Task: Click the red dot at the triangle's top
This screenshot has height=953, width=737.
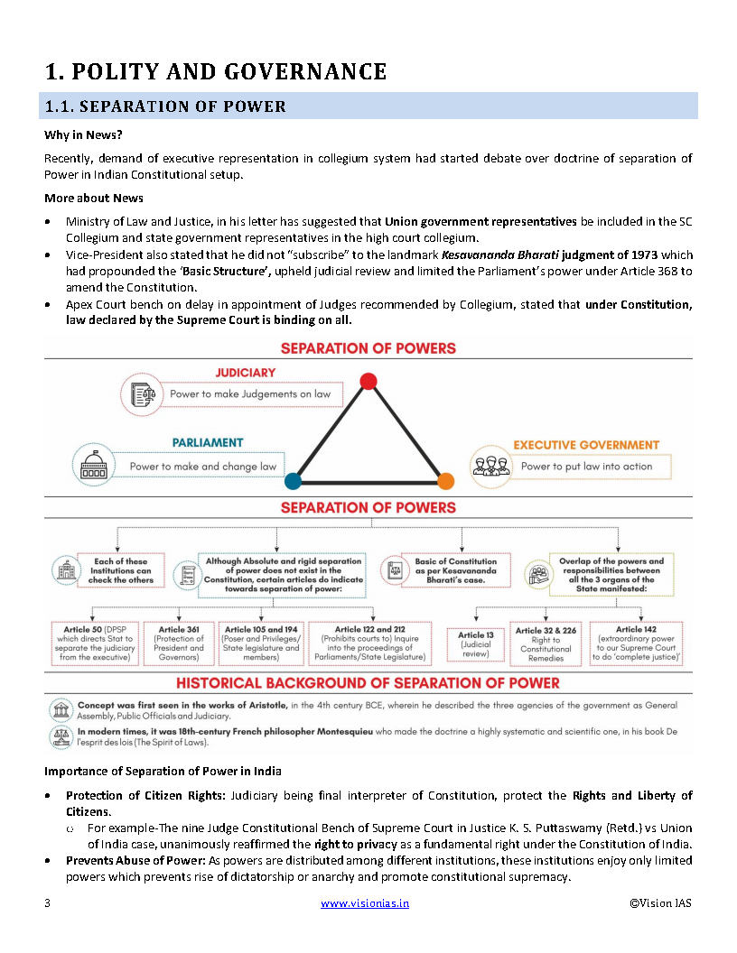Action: pyautogui.click(x=368, y=381)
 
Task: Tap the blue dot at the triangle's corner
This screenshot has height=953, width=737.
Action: pyautogui.click(x=293, y=481)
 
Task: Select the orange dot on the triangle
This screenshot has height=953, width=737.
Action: pyautogui.click(x=445, y=481)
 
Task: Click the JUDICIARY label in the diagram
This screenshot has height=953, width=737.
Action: pyautogui.click(x=245, y=372)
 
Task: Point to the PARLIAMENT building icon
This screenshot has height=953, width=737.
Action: pyautogui.click(x=91, y=464)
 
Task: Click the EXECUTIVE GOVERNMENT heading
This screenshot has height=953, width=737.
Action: pyautogui.click(x=586, y=445)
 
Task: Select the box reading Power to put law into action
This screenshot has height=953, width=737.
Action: pyautogui.click(x=586, y=467)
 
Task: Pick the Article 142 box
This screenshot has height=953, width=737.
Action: pyautogui.click(x=636, y=643)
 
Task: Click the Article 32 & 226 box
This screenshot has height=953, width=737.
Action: pyautogui.click(x=546, y=643)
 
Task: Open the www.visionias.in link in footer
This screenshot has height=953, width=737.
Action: pyautogui.click(x=365, y=902)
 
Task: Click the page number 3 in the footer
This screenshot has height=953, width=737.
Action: pyautogui.click(x=47, y=902)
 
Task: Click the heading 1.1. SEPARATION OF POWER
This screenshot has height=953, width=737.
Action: pyautogui.click(x=166, y=106)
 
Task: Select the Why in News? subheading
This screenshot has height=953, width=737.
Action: pyautogui.click(x=84, y=135)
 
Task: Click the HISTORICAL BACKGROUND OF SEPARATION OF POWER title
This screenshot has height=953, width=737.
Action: pyautogui.click(x=368, y=682)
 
